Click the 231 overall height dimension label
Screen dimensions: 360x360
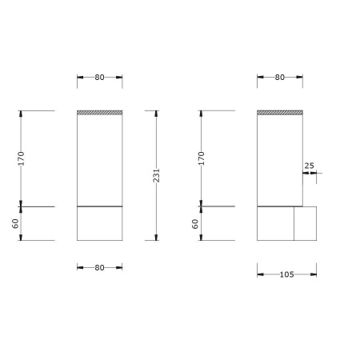click(x=157, y=175)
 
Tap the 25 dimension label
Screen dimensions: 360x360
click(x=309, y=166)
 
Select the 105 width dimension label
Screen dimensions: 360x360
click(x=286, y=274)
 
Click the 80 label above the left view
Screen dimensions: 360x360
click(x=99, y=78)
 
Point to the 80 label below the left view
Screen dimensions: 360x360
click(x=99, y=267)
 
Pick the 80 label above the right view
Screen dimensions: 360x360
click(x=280, y=78)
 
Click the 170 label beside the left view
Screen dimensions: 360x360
click(x=21, y=158)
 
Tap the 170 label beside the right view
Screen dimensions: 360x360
click(x=202, y=158)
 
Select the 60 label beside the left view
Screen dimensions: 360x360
click(x=15, y=224)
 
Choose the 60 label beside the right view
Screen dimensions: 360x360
click(x=195, y=224)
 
